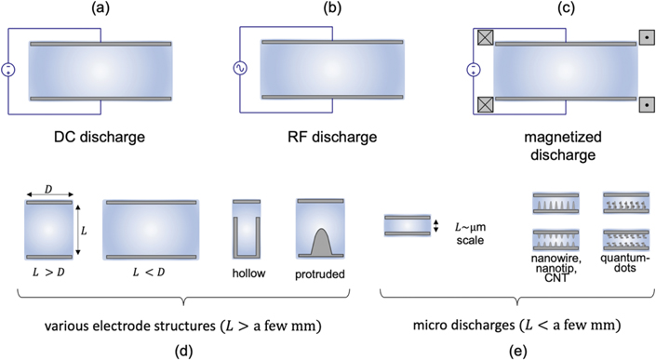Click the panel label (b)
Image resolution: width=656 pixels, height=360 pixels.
[328, 10]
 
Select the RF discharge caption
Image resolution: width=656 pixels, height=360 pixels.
[328, 137]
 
